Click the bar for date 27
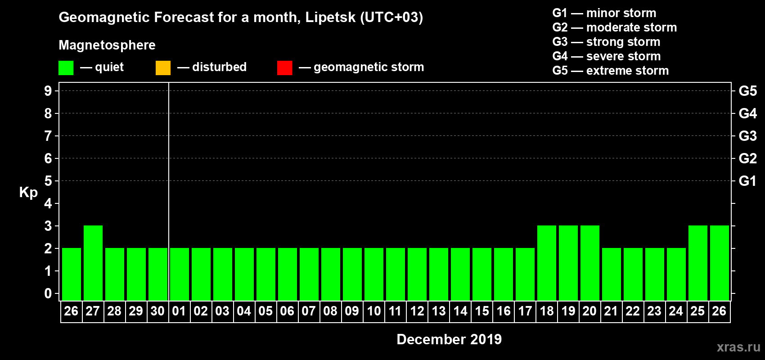tap(93, 263)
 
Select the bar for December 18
tap(547, 263)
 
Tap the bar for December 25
tap(698, 263)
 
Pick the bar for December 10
tap(374, 274)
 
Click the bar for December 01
tap(180, 274)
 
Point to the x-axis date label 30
tap(157, 311)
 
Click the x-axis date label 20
tap(589, 311)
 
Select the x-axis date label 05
tap(265, 311)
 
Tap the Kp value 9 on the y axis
tap(48, 91)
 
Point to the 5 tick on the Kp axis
tap(48, 181)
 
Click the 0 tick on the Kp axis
tap(48, 293)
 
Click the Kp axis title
tap(28, 193)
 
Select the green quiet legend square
tap(66, 68)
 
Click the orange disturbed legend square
tap(163, 68)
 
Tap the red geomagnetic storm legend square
tap(284, 68)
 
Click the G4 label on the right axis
tap(747, 113)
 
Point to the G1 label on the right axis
tap(747, 181)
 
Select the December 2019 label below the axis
tap(449, 339)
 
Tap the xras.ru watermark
tap(738, 347)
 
